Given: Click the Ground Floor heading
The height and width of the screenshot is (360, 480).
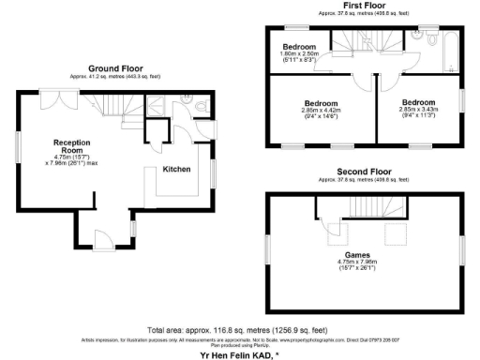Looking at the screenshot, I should (x=114, y=68).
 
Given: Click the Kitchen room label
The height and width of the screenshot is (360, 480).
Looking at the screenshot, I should (x=177, y=170).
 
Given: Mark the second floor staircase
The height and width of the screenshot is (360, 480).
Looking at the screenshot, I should (x=332, y=228).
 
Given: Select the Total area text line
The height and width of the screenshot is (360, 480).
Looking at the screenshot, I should (x=240, y=331).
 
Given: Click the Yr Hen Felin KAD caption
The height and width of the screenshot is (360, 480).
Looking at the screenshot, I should (x=240, y=354).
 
